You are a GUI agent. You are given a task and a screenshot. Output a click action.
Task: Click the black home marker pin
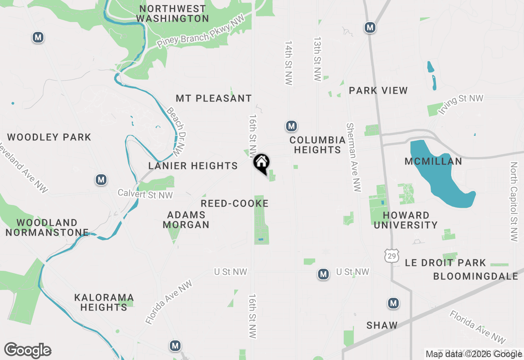click(x=261, y=163)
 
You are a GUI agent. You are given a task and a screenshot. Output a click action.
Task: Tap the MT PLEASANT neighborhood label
click(x=214, y=99)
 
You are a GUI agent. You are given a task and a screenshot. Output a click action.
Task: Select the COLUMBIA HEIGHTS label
click(x=317, y=145)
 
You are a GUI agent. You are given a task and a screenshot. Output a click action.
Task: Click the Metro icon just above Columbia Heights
click(x=291, y=126)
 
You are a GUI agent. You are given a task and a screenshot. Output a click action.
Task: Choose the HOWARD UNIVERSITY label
click(x=406, y=220)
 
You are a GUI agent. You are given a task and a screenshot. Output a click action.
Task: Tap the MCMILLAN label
click(x=433, y=162)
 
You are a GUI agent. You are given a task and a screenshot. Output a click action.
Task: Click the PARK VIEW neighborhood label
click(x=378, y=90)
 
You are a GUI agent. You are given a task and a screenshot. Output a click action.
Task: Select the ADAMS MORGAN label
click(x=186, y=220)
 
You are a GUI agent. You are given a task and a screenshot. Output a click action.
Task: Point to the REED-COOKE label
click(x=235, y=204)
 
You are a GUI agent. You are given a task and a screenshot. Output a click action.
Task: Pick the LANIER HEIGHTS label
click(x=193, y=166)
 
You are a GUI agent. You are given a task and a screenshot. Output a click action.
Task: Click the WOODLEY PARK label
click(x=49, y=137)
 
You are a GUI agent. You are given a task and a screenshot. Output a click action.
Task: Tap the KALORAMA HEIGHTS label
click(x=104, y=302)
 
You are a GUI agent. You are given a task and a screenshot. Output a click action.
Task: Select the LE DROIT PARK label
click(x=445, y=263)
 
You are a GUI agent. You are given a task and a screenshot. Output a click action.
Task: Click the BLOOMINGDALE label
click(x=476, y=277)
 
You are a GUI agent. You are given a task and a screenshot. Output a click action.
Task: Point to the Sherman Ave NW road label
click(x=353, y=157)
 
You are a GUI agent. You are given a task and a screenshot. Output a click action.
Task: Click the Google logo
click(x=28, y=351)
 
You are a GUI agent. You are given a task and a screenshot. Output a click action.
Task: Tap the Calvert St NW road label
click(x=145, y=194)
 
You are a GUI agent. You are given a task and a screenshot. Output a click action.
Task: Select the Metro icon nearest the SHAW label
click(x=393, y=303)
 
